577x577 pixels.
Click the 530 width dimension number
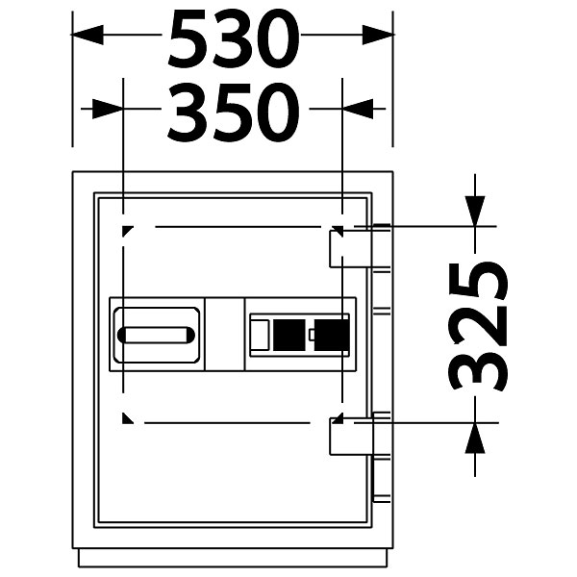coord(234,38)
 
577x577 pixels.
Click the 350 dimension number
coord(234,113)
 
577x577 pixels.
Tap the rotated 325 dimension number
coord(478,327)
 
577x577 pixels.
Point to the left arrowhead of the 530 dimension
coord(87,35)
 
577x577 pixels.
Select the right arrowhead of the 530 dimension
coord(379,35)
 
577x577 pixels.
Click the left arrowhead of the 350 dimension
coord(108,109)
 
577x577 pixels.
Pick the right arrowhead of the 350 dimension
coord(358,109)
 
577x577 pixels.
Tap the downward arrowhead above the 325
coord(475,211)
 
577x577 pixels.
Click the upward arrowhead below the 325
coord(475,438)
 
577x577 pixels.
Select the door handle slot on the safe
coord(156,336)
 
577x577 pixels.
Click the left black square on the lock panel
coord(289,335)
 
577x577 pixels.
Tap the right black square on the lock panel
coord(332,335)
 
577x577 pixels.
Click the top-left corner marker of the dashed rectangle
coord(127,231)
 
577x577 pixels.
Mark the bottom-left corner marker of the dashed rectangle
coord(127,418)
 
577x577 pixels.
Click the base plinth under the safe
coord(233,558)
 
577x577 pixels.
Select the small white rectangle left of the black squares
coord(260,335)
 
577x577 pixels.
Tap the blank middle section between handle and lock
coord(224,334)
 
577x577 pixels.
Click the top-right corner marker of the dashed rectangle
coord(339,231)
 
